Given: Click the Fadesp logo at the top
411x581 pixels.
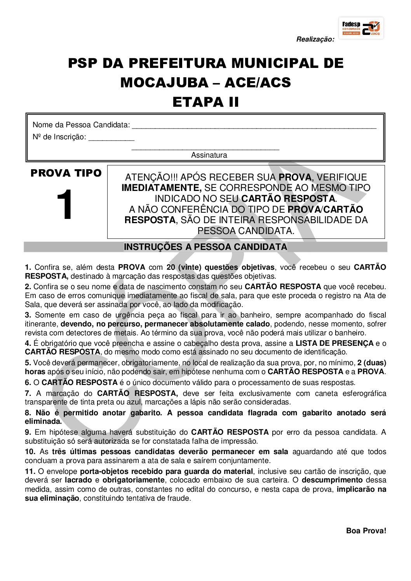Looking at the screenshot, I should click(x=361, y=28).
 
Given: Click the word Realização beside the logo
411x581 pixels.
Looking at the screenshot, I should click(x=315, y=39).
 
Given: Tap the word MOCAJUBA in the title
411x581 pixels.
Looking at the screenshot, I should click(x=164, y=83).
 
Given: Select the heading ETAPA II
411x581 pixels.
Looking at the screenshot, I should click(x=205, y=102).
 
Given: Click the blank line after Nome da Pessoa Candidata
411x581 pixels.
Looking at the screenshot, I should click(x=254, y=126).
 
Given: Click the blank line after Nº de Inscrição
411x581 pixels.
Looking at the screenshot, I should click(x=111, y=137).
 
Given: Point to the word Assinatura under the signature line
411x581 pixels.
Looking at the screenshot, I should click(x=209, y=155).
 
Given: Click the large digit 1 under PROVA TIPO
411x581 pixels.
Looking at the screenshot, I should click(x=65, y=205).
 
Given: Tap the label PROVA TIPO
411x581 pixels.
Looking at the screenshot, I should click(x=66, y=173).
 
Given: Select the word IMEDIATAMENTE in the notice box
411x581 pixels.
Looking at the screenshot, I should click(x=161, y=188).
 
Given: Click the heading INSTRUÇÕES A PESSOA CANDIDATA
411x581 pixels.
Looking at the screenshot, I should click(x=205, y=247).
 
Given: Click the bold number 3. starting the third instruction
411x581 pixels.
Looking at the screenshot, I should click(x=28, y=315).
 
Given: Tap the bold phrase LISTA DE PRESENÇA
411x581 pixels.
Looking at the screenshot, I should click(x=334, y=343).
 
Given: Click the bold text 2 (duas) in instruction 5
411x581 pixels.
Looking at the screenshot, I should click(x=372, y=363).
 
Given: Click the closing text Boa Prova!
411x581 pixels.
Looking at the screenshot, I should click(x=366, y=531).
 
